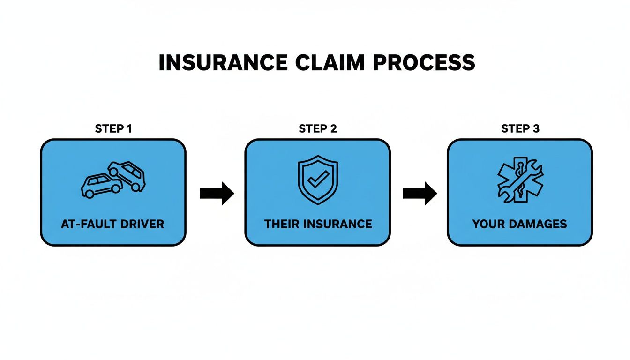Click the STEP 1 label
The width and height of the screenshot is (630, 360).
tap(113, 128)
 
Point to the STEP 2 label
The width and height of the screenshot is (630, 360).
tap(317, 128)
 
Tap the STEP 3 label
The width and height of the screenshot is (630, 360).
tap(520, 128)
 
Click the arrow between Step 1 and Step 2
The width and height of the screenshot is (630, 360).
tap(217, 193)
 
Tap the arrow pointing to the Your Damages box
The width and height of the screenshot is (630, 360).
tap(420, 193)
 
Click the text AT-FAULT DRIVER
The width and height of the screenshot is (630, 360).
tap(112, 224)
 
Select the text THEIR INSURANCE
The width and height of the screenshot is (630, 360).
tap(318, 224)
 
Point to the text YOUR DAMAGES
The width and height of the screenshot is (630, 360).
tap(519, 224)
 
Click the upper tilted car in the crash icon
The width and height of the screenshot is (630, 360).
tap(128, 174)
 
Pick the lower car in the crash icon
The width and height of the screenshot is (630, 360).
tap(101, 186)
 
